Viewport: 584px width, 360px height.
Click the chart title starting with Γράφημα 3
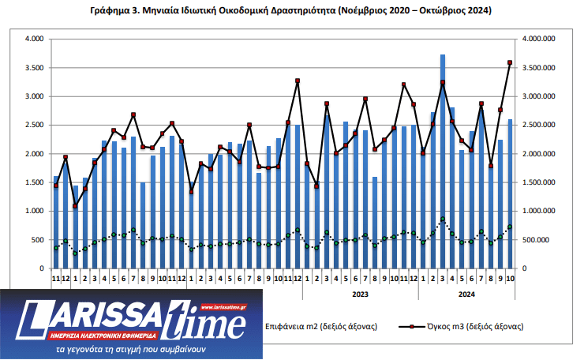[292, 11]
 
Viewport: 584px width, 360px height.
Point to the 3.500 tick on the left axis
[33, 68]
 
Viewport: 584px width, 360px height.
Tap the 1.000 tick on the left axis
[33, 212]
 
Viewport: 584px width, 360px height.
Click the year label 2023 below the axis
[359, 294]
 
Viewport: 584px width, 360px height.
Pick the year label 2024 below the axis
[466, 294]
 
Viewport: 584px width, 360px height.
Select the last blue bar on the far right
[511, 194]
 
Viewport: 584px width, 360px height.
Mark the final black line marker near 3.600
[510, 62]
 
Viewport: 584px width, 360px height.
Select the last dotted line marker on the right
[510, 227]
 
